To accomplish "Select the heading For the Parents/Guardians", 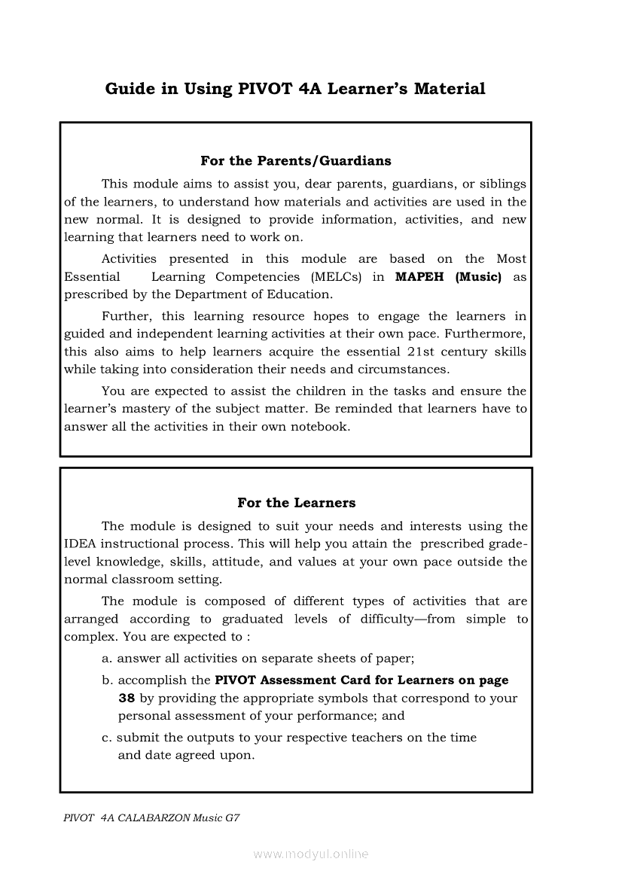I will pos(295,160).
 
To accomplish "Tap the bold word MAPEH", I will pos(419,276).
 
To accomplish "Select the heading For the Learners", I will pos(296,502).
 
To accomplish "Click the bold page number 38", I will pos(127,698).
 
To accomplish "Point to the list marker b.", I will pos(107,680).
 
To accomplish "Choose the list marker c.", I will pos(106,738).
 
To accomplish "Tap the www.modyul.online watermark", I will pos(311,854).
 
